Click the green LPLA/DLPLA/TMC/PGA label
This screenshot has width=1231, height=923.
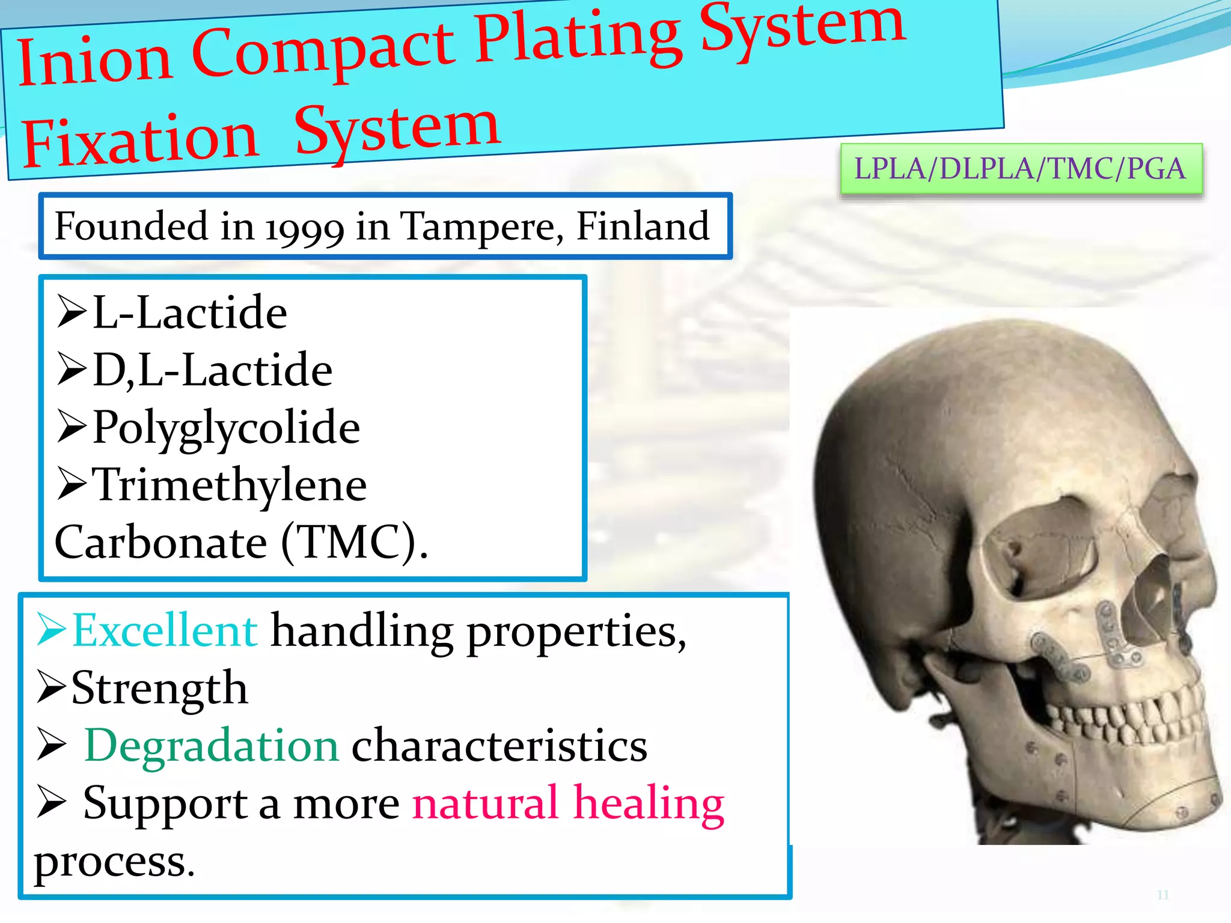coord(1020,169)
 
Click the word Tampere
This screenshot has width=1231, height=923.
coord(481,227)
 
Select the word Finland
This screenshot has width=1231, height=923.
coord(643,226)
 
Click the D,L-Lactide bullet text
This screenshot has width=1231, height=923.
coord(212,370)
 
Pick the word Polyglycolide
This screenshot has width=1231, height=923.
coord(226,428)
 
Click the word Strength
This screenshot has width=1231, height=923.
coord(159,688)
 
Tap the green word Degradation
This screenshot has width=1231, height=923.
coord(212,746)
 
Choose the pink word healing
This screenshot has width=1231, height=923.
coord(649,803)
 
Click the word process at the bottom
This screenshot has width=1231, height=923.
coord(114,861)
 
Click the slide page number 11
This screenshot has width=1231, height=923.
coord(1162,895)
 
